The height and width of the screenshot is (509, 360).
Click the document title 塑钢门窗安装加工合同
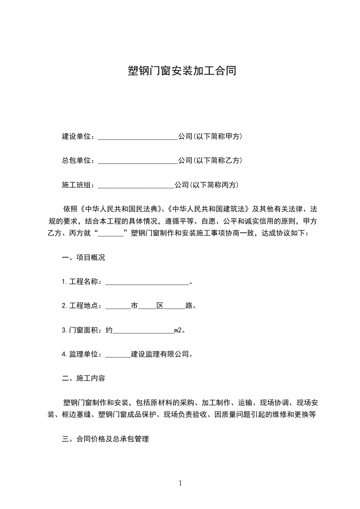pos(182,71)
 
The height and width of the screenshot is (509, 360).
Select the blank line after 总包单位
pos(138,161)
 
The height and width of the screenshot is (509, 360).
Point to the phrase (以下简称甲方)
pos(217,137)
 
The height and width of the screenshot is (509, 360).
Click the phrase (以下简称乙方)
pos(217,161)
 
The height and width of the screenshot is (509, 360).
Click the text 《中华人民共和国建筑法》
pos(208,209)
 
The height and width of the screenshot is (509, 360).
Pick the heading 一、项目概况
pos(83,258)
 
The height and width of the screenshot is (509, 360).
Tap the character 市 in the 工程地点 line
pos(134,306)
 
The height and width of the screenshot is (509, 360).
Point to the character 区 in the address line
pos(160,306)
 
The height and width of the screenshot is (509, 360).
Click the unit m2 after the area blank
pos(178,330)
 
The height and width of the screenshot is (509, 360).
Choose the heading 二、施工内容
pos(83,378)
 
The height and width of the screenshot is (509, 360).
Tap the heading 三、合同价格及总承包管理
pos(105,439)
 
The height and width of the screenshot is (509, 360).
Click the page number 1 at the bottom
pos(180,483)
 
